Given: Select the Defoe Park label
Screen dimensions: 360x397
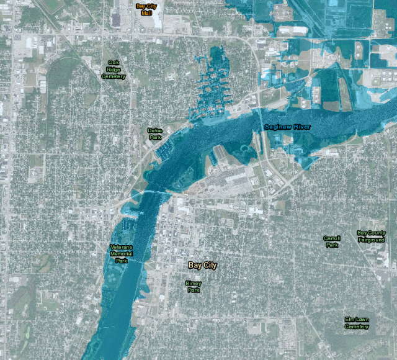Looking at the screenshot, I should tap(154, 133).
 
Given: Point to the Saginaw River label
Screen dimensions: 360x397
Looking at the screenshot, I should tap(287, 127).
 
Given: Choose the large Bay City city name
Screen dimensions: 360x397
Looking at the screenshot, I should tap(203, 265).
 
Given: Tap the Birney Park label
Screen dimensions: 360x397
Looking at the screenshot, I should tap(194, 286).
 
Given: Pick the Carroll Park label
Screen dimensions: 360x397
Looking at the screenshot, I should tap(332, 241).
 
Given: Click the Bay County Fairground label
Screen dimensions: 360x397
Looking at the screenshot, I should tap(371, 236).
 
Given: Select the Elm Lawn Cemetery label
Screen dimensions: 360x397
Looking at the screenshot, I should tap(357, 323).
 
